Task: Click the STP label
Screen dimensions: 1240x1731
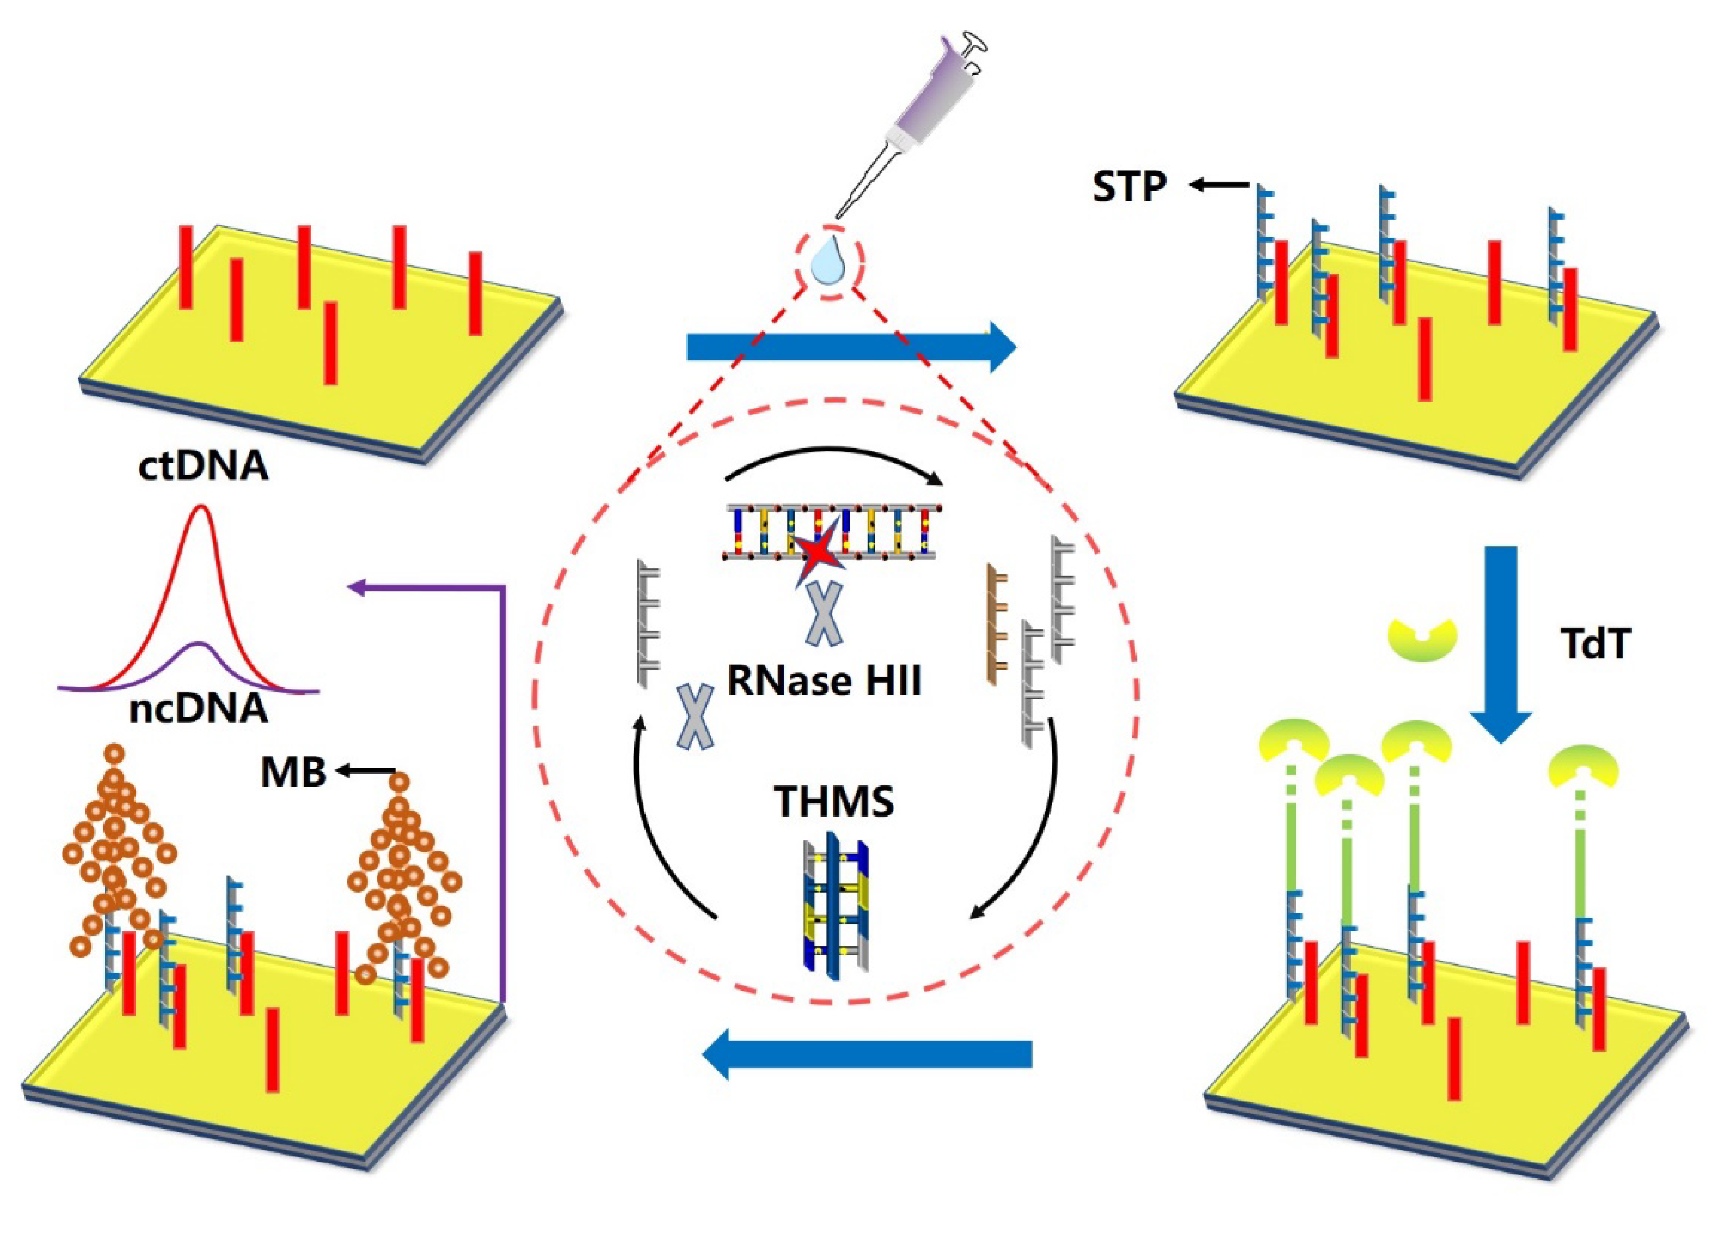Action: pyautogui.click(x=1129, y=187)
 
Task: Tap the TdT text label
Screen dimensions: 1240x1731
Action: pyautogui.click(x=1594, y=645)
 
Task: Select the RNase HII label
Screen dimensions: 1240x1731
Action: pyautogui.click(x=824, y=680)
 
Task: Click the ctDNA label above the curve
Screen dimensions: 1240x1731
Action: pyautogui.click(x=203, y=466)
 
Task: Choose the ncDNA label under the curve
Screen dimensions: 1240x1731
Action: pyautogui.click(x=199, y=710)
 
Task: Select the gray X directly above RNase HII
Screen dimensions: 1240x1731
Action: pyautogui.click(x=824, y=613)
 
